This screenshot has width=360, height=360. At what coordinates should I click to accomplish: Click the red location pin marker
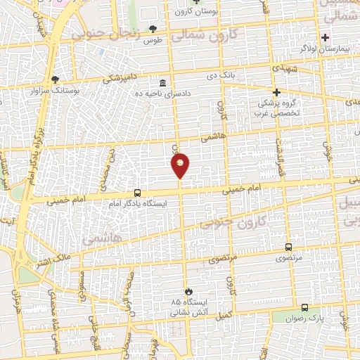tap(180, 165)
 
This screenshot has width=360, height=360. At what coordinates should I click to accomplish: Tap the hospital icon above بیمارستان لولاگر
tap(325, 37)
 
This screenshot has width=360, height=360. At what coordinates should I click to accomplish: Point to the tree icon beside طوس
tap(153, 29)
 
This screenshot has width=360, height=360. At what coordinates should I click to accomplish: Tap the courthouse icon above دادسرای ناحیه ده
tap(163, 81)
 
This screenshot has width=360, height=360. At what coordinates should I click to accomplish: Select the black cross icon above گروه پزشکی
tap(276, 92)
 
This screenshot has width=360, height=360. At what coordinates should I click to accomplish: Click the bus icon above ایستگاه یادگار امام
tap(137, 193)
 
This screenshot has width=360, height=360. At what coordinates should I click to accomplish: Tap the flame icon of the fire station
tap(188, 290)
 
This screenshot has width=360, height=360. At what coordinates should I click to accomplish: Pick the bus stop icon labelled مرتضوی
tap(288, 247)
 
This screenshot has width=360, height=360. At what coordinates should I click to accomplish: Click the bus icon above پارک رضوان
tap(304, 307)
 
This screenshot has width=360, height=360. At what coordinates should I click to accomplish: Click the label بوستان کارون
tap(197, 12)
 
